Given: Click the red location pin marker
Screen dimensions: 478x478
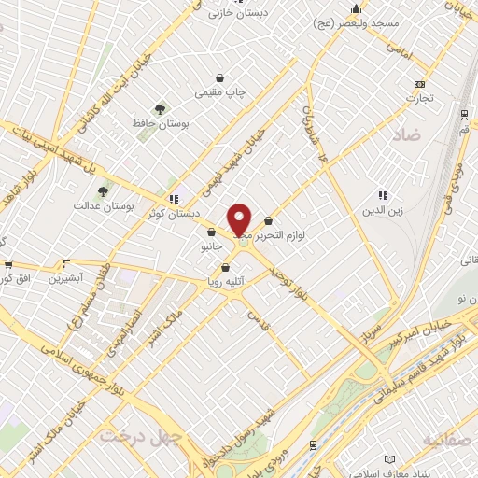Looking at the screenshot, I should pyautogui.click(x=240, y=220).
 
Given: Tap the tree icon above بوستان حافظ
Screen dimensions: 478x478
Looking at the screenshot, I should pyautogui.click(x=160, y=109).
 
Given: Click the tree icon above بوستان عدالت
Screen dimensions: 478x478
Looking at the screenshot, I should pyautogui.click(x=102, y=191).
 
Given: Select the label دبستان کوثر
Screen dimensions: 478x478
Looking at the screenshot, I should pyautogui.click(x=170, y=215).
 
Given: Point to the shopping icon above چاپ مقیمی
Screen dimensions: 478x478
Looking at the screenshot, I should pyautogui.click(x=219, y=78).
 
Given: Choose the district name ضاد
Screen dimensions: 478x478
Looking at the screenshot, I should pyautogui.click(x=409, y=135).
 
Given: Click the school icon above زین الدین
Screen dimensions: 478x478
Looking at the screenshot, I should pyautogui.click(x=382, y=195).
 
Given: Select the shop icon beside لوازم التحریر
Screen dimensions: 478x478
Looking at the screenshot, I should pyautogui.click(x=269, y=221).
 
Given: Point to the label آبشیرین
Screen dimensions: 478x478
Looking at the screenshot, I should pyautogui.click(x=66, y=277).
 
